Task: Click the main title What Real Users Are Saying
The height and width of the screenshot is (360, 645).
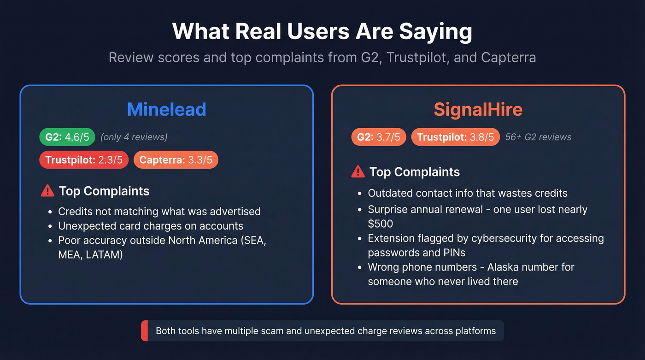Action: click(322, 32)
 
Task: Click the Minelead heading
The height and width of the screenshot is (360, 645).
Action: click(166, 109)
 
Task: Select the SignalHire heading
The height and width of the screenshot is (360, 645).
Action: click(478, 109)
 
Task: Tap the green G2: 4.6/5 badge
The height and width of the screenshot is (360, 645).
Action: click(67, 136)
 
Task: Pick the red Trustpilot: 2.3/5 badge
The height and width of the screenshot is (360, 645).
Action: click(84, 160)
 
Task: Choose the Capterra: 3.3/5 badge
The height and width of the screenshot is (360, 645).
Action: click(176, 160)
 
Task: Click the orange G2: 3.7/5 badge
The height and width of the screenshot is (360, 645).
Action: click(378, 136)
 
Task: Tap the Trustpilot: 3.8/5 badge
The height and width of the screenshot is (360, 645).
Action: click(455, 136)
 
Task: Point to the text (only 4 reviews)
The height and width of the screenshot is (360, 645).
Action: click(134, 137)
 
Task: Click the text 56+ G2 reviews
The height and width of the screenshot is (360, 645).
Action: click(538, 137)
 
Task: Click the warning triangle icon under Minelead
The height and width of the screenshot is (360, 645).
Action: click(47, 190)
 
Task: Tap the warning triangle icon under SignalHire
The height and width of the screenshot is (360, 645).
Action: click(358, 171)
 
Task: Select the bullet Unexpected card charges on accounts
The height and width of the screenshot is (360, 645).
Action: click(151, 226)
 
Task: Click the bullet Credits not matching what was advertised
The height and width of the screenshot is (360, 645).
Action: click(159, 212)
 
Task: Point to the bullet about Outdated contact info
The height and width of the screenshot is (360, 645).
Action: click(468, 193)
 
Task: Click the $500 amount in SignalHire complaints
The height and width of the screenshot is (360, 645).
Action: click(381, 224)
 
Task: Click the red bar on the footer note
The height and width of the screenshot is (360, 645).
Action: click(144, 331)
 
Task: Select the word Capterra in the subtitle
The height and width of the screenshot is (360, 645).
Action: click(508, 58)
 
